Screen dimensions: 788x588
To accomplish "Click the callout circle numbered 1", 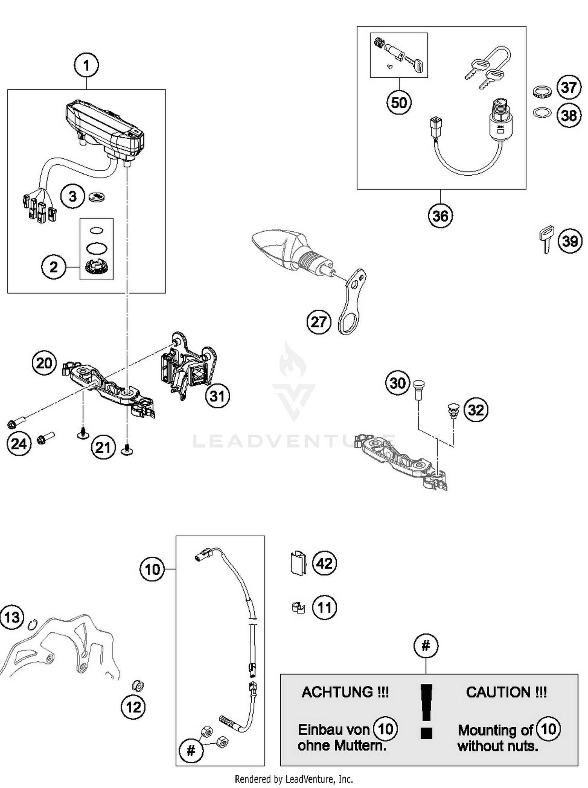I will [86, 65].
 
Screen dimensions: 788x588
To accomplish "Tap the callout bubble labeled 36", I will [440, 216].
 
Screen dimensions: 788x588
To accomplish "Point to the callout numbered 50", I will [399, 103].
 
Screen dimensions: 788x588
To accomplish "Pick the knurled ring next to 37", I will [542, 92].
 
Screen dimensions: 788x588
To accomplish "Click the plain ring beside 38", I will [542, 113].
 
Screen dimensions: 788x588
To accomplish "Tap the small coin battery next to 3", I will [96, 197].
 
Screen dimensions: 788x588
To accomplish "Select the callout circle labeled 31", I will [217, 396].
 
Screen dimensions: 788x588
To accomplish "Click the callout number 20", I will [44, 363].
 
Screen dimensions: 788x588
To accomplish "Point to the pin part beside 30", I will [419, 389].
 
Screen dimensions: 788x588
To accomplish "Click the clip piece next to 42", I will [298, 563].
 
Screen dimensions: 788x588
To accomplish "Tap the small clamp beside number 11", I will [298, 608].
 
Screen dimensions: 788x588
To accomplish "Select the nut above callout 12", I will [138, 686].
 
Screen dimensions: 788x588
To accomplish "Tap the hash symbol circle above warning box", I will [426, 646].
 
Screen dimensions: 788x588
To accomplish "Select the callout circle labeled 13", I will [12, 617].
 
